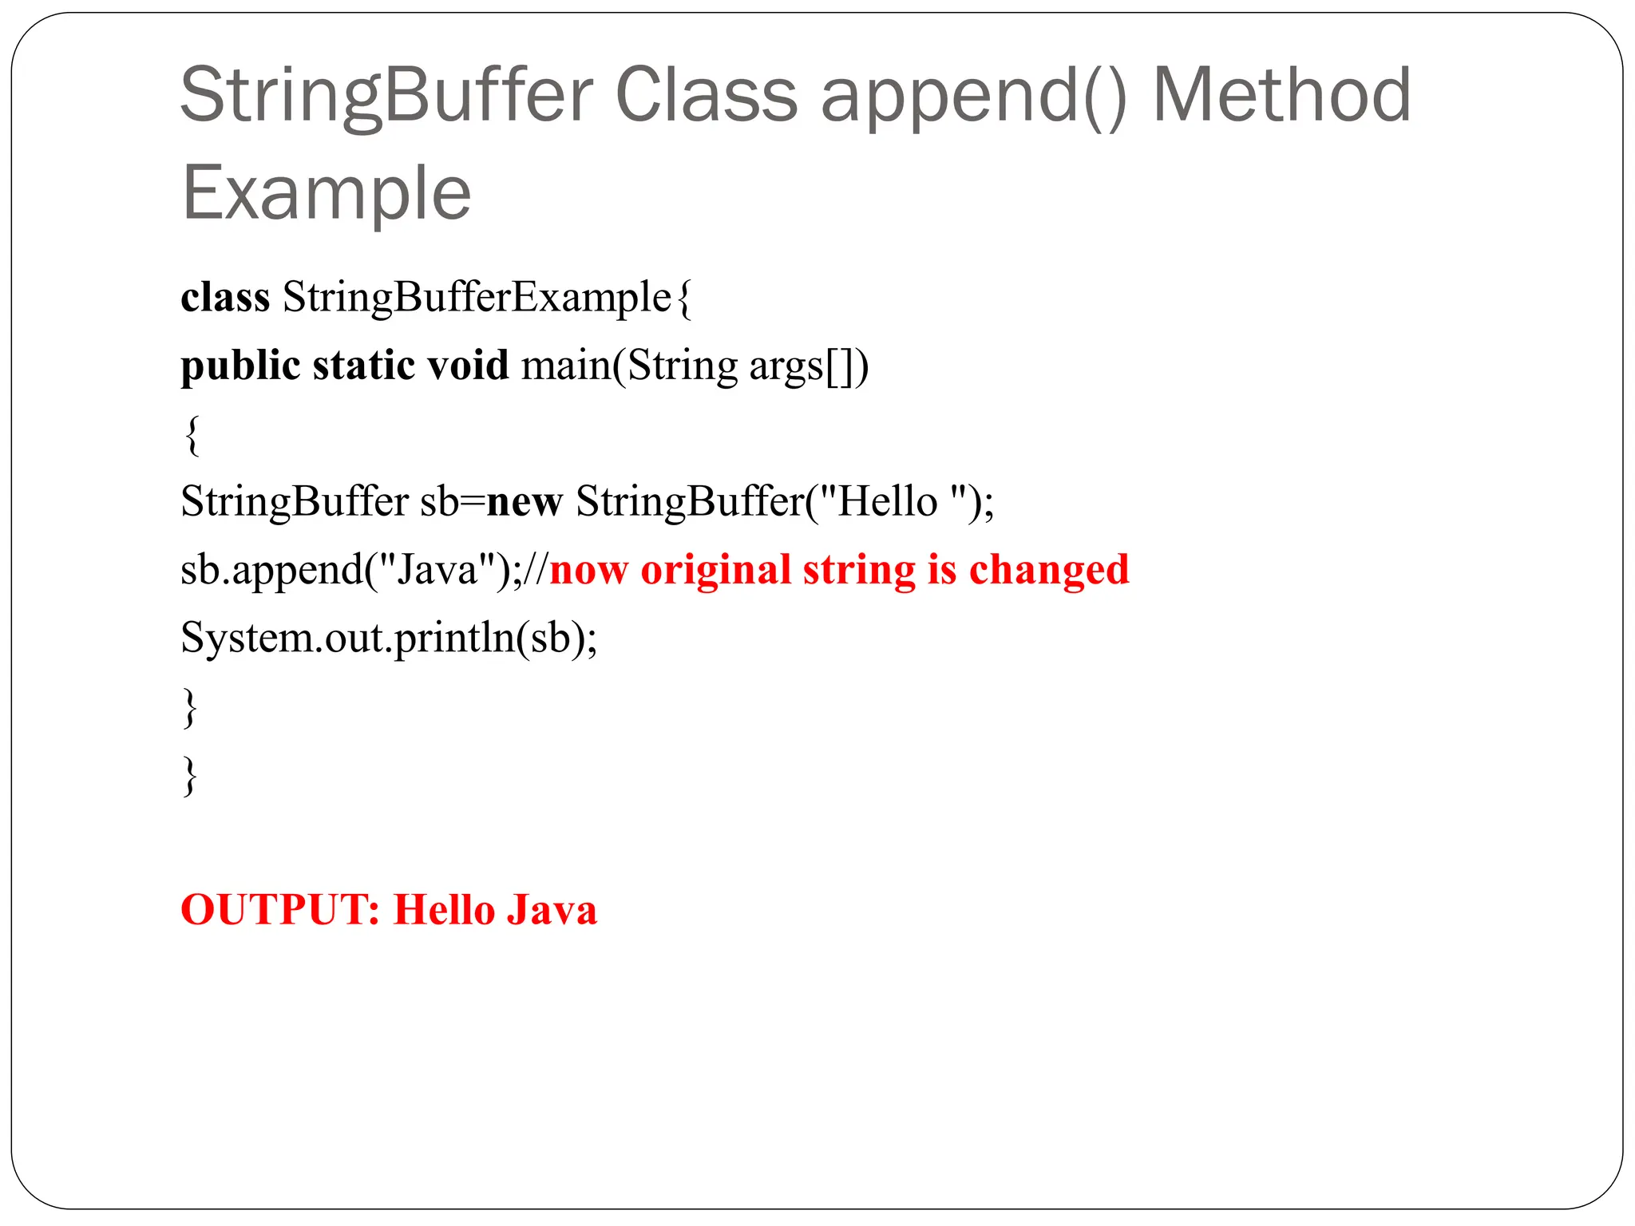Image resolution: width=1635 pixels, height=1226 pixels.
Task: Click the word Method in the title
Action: point(1281,95)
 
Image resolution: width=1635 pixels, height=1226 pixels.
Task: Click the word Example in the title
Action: point(327,192)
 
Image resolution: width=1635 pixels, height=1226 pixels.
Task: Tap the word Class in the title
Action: point(707,95)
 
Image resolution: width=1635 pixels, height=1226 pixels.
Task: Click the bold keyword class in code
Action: point(225,297)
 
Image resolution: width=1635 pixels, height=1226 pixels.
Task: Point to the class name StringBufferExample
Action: point(477,297)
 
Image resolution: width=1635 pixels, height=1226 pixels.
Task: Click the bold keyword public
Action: point(240,366)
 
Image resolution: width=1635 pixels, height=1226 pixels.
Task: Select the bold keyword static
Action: point(363,366)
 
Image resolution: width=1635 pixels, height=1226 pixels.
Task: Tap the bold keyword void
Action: point(468,366)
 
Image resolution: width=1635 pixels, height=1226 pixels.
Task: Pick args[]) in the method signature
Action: point(808,366)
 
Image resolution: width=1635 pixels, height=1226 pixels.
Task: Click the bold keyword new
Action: point(525,502)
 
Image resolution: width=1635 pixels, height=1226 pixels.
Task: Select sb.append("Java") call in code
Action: point(343,571)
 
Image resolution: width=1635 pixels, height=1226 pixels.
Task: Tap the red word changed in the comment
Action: point(1048,571)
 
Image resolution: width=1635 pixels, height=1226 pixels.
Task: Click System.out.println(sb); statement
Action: point(389,639)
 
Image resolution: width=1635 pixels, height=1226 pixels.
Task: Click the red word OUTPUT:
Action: point(280,910)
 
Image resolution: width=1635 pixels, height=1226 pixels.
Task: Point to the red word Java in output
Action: point(552,910)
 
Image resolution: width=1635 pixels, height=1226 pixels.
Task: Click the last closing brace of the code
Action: point(190,775)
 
